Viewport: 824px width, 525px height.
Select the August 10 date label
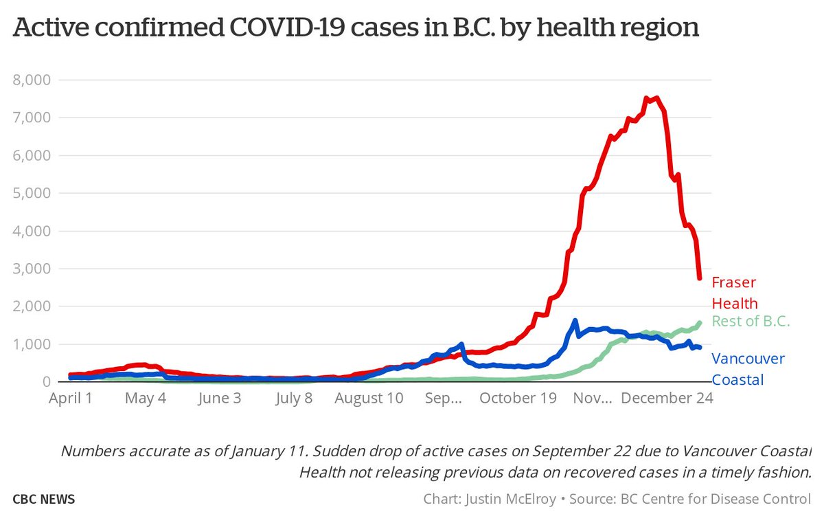(369, 399)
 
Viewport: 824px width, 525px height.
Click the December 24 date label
(665, 399)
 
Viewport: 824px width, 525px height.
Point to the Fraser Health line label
(734, 293)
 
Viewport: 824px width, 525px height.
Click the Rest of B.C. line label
(751, 321)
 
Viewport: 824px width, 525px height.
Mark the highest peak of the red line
(656, 98)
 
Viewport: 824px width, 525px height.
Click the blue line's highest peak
(575, 320)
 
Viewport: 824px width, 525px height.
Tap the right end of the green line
(700, 322)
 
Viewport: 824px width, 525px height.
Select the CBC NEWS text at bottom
(43, 500)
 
